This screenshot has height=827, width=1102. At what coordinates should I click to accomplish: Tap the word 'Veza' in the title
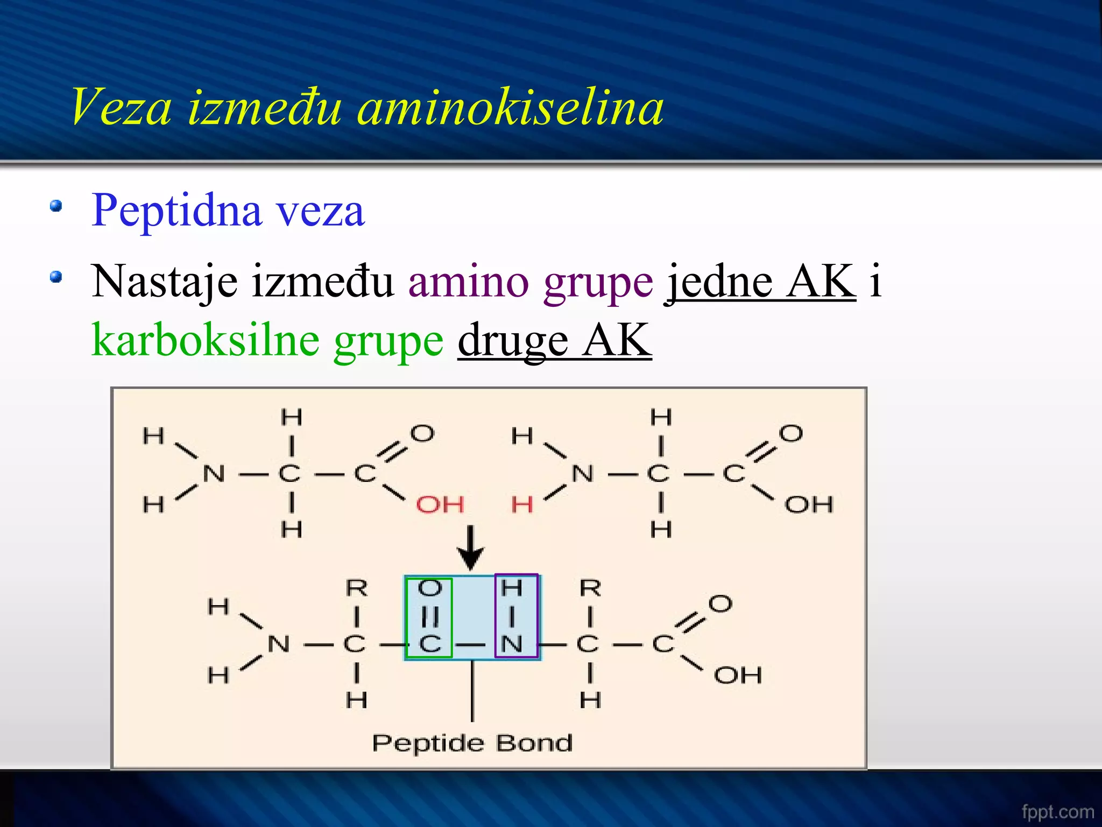pyautogui.click(x=121, y=108)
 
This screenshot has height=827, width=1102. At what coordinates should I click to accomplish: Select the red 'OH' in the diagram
pyautogui.click(x=440, y=505)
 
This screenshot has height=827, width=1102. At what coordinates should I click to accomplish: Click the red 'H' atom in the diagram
pyautogui.click(x=522, y=505)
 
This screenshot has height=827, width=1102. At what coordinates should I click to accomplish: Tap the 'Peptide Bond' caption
pyautogui.click(x=472, y=743)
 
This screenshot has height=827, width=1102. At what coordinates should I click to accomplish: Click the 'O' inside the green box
pyautogui.click(x=429, y=588)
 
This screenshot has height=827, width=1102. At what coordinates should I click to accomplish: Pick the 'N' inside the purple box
pyautogui.click(x=512, y=644)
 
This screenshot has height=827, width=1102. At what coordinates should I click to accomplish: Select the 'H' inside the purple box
pyautogui.click(x=512, y=588)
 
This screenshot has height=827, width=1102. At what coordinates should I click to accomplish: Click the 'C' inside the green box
pyautogui.click(x=429, y=644)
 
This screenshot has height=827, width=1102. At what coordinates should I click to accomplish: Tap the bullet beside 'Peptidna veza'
pyautogui.click(x=56, y=206)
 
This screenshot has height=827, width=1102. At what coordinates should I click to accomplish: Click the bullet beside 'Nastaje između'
pyautogui.click(x=56, y=277)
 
